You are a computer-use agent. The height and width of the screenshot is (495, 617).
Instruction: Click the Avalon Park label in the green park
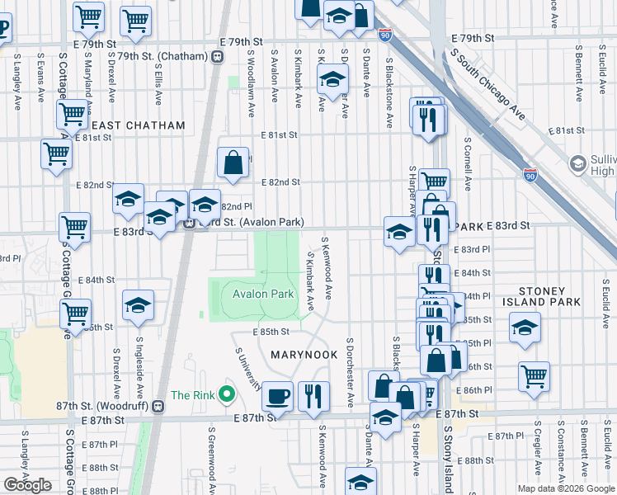[263, 294]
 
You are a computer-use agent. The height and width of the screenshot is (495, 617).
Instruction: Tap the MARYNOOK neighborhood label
[304, 355]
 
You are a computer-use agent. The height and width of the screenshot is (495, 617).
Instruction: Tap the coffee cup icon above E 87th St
[277, 396]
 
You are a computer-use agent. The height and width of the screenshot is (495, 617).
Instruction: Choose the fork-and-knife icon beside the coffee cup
[313, 396]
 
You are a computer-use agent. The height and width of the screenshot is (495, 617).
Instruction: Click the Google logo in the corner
[27, 485]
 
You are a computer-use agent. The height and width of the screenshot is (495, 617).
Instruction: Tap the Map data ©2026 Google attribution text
[565, 488]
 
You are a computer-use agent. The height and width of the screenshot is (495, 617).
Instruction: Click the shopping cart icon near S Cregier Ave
[535, 376]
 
